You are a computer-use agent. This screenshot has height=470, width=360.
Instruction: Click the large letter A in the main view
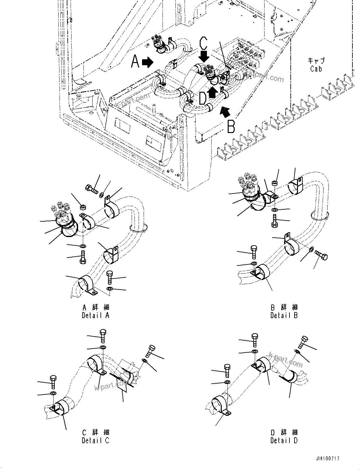[x=135, y=61]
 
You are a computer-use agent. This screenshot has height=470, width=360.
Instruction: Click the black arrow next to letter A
[x=147, y=62]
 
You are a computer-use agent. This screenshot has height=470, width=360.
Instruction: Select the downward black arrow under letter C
[x=204, y=57]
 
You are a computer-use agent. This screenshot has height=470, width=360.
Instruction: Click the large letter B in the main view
[x=231, y=126]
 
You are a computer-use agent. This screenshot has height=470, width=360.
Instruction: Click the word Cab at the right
[x=316, y=68]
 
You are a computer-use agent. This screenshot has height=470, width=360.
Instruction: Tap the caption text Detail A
[x=95, y=315]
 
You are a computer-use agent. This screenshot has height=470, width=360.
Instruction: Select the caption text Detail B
[x=284, y=315]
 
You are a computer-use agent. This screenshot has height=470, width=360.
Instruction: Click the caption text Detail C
[x=95, y=440]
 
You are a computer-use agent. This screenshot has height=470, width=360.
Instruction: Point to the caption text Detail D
[x=284, y=440]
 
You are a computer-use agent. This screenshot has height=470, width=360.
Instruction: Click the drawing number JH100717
[x=326, y=459]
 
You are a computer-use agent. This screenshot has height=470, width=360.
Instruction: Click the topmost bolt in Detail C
[x=103, y=336]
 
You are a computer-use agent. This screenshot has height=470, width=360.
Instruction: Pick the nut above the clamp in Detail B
[x=275, y=183]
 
